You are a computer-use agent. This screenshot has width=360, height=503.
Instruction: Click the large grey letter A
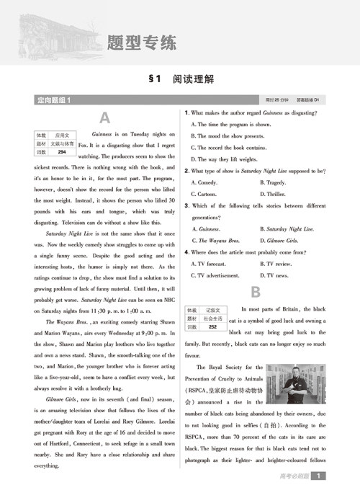(105, 118)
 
